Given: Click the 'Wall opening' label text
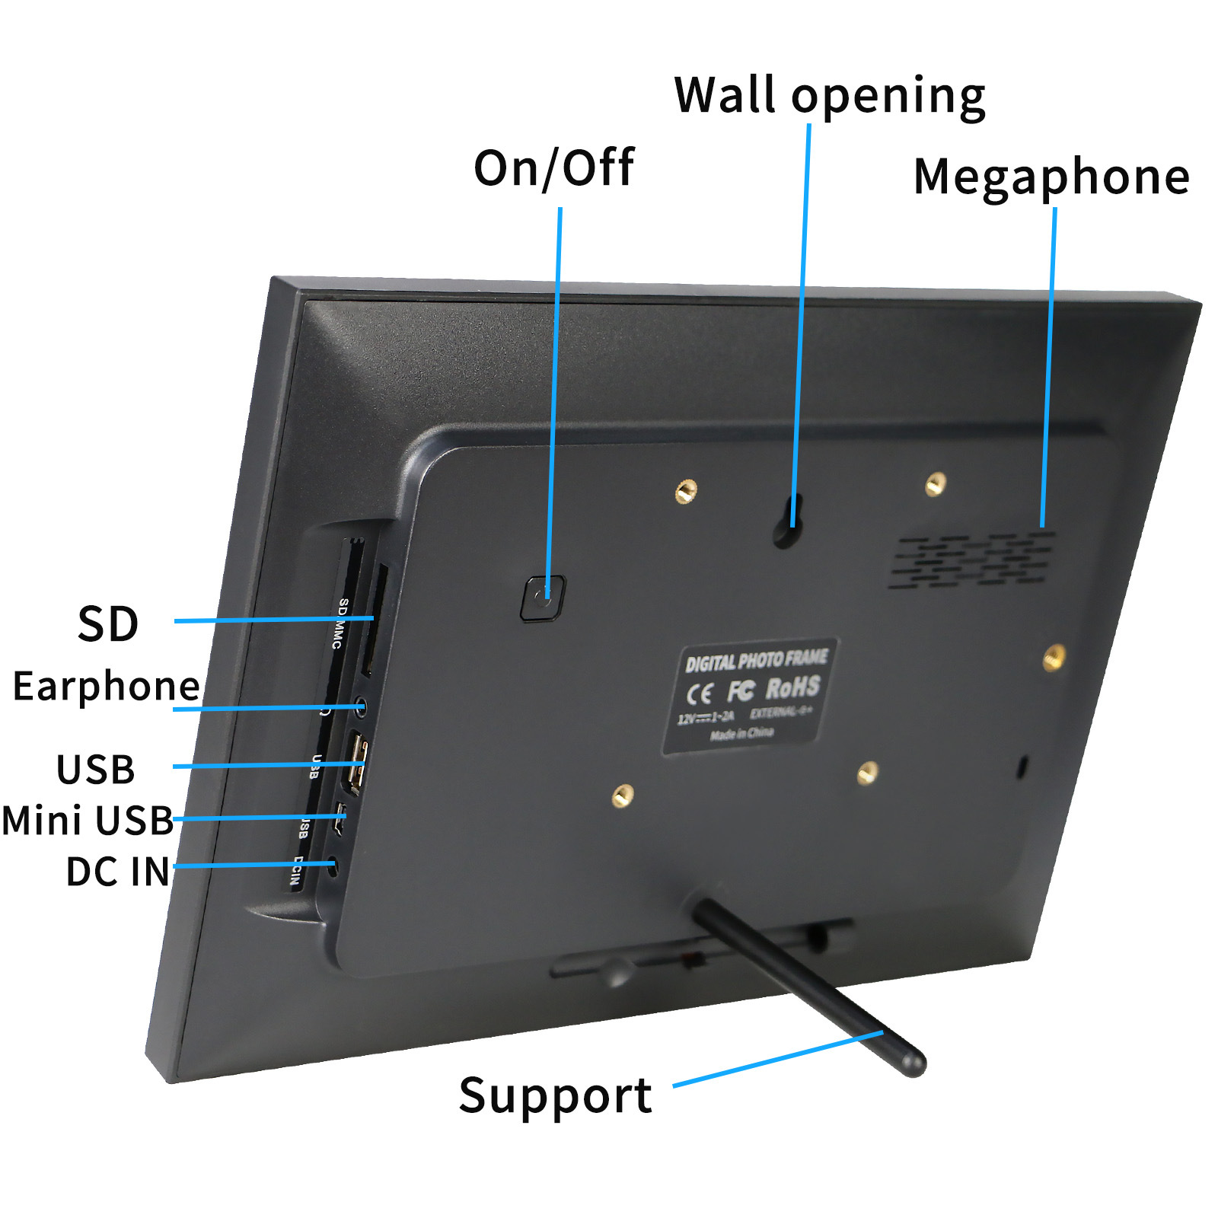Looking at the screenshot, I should click(829, 96).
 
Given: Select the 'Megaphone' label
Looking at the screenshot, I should click(1051, 177).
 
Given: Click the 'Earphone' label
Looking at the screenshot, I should click(106, 686).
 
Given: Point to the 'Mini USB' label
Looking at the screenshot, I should click(88, 821).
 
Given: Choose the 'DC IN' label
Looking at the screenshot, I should click(117, 872).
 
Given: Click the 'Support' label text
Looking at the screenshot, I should click(555, 1096).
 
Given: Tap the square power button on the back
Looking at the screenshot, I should click(543, 598).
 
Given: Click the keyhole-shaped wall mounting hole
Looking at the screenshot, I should click(787, 521).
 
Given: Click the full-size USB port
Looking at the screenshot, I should click(356, 763).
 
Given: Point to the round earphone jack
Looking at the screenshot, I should click(360, 707).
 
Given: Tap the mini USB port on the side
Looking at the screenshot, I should click(340, 818).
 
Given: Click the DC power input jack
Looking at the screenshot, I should click(332, 865).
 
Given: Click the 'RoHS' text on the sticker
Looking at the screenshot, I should click(792, 688).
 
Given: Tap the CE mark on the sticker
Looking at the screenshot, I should click(700, 693).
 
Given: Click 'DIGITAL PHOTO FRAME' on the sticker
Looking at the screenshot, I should click(755, 660).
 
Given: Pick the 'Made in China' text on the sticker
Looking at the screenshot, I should click(741, 734).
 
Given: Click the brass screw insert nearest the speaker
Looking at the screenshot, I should click(936, 483).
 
